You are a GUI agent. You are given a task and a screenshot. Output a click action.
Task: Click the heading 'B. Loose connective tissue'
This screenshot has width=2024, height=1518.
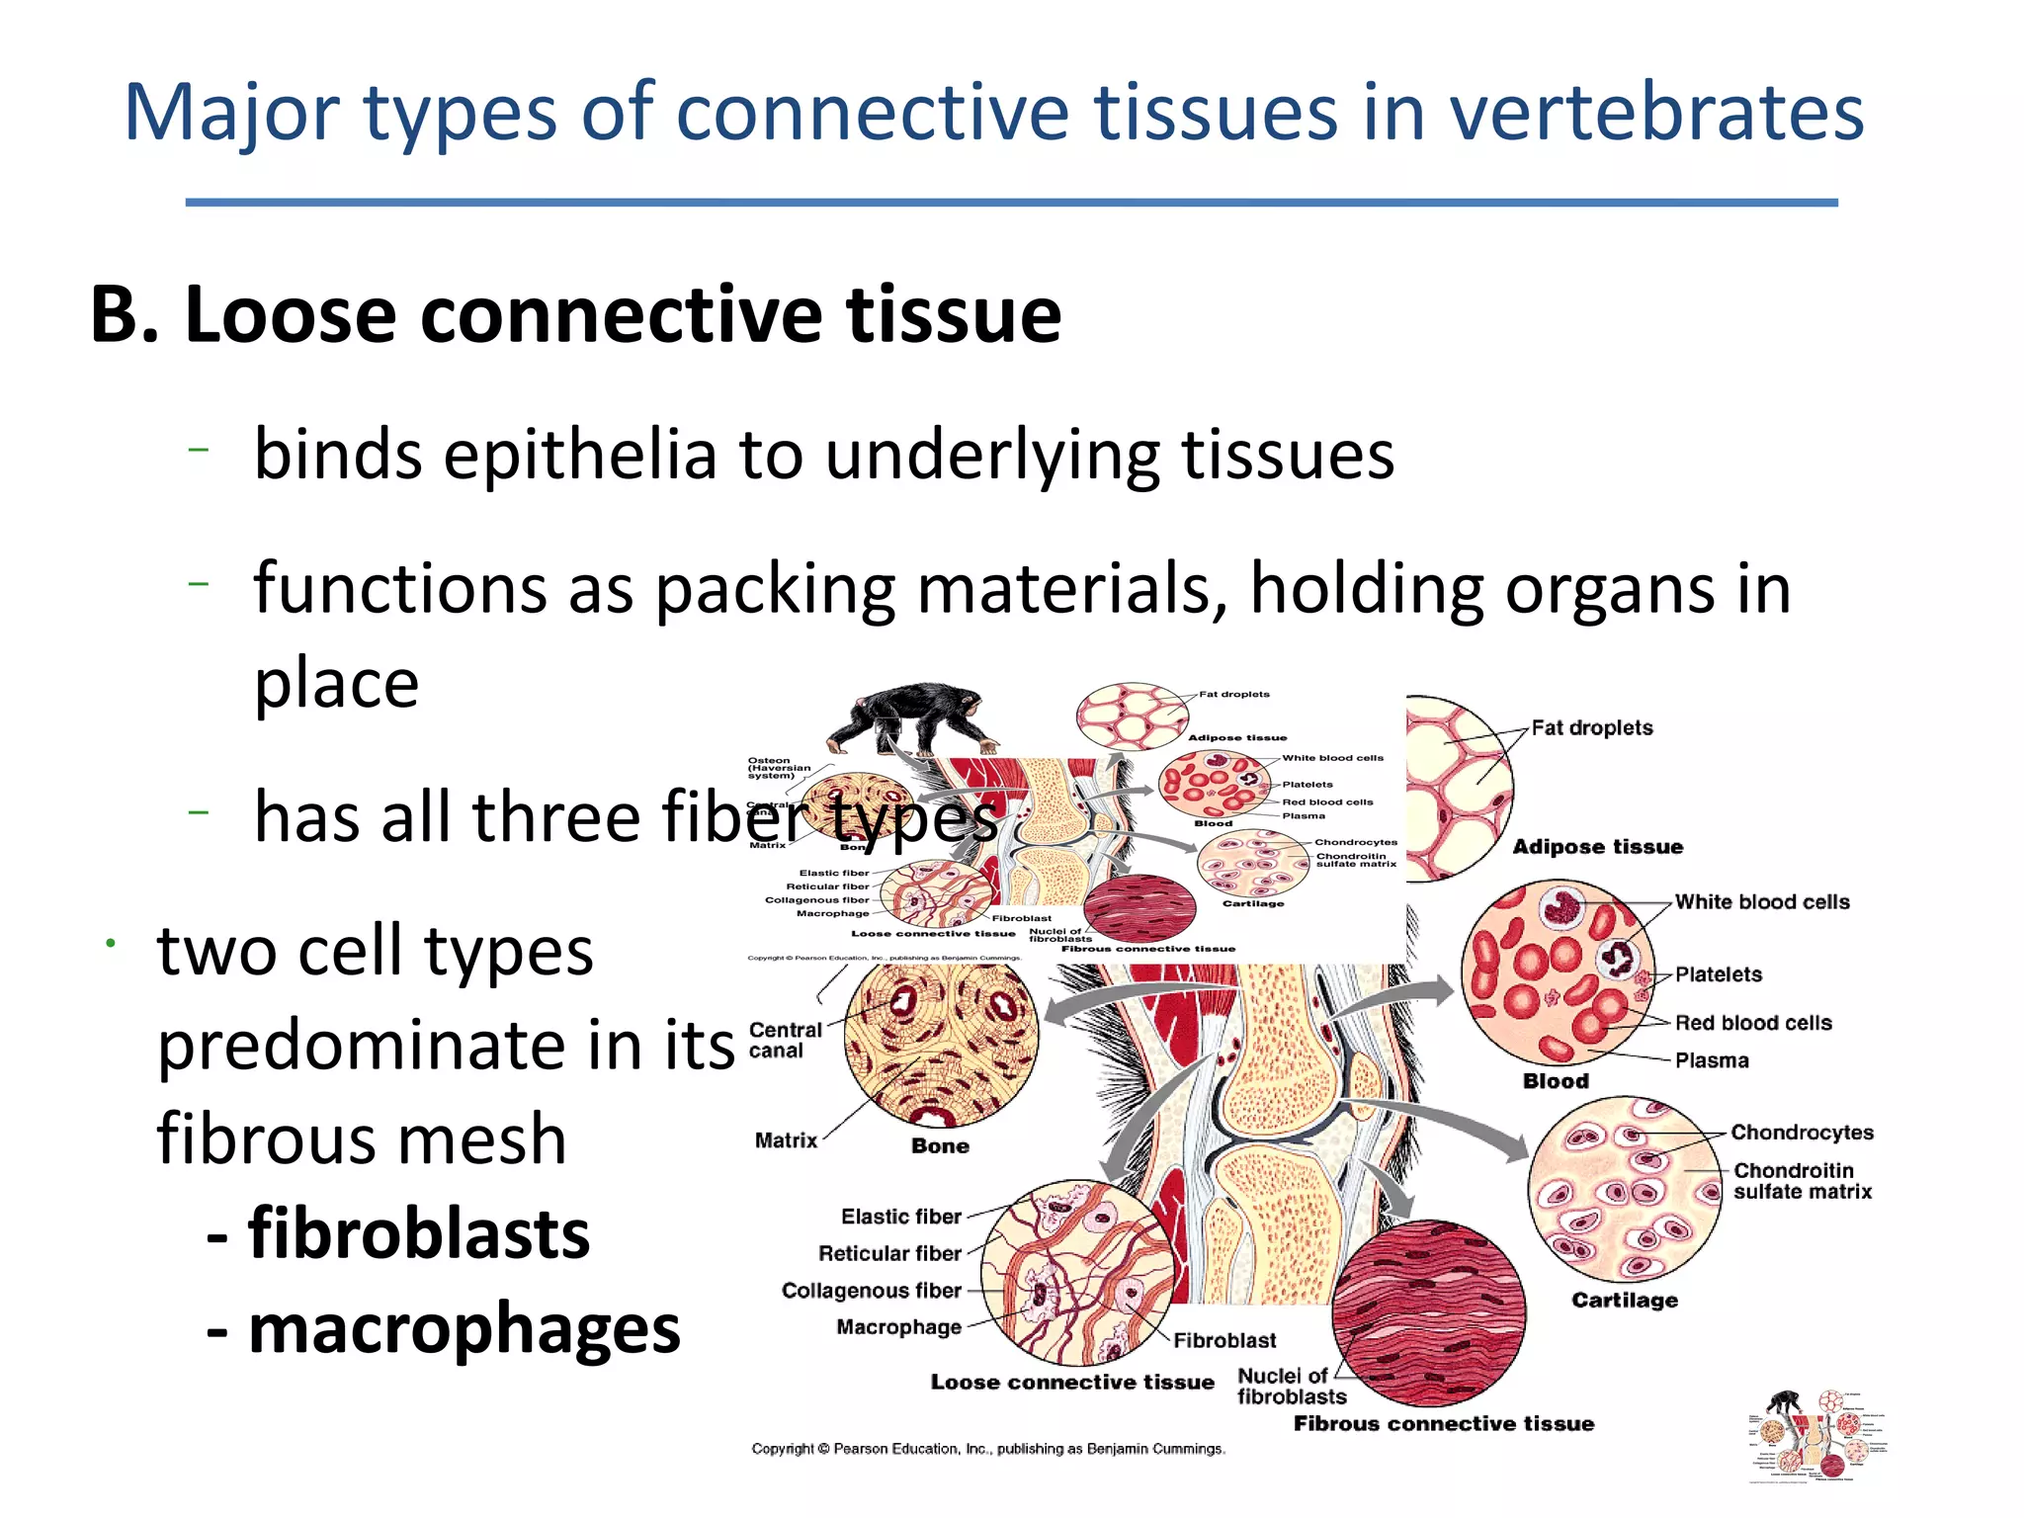575,314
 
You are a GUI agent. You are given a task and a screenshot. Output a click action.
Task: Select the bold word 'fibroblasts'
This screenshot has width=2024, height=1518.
418,1234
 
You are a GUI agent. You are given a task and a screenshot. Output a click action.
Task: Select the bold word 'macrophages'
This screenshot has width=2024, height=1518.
464,1328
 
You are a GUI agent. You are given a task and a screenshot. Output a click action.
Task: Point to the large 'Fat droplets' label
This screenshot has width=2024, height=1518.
1591,728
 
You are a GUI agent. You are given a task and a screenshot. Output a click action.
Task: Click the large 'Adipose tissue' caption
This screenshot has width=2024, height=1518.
1597,847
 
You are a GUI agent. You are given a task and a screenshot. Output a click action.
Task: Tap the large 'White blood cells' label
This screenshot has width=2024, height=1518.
1761,902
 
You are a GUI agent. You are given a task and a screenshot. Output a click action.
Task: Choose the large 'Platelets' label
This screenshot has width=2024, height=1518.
1718,974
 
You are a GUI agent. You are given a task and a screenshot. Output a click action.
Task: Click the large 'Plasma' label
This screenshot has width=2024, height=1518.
1711,1060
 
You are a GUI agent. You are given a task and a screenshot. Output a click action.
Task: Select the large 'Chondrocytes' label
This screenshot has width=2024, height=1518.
1802,1133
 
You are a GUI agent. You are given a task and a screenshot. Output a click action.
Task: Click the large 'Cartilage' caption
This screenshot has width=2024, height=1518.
1624,1301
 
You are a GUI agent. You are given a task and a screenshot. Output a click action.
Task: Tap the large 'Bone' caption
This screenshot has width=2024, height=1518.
939,1146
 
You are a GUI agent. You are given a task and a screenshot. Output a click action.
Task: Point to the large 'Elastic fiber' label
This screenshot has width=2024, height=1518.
900,1217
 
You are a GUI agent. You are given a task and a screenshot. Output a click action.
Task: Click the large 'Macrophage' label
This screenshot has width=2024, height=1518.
898,1327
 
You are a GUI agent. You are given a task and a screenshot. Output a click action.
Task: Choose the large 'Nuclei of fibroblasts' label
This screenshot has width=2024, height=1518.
1291,1386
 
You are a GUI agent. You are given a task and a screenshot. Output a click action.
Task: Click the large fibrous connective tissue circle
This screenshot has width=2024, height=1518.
1428,1313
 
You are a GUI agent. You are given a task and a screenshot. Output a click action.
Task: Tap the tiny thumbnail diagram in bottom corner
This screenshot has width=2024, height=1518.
1816,1435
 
